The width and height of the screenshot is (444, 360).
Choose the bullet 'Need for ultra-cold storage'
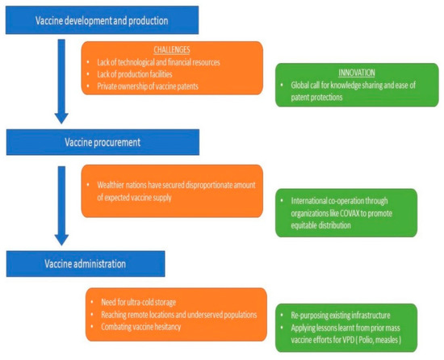pyautogui.click(x=137, y=300)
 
